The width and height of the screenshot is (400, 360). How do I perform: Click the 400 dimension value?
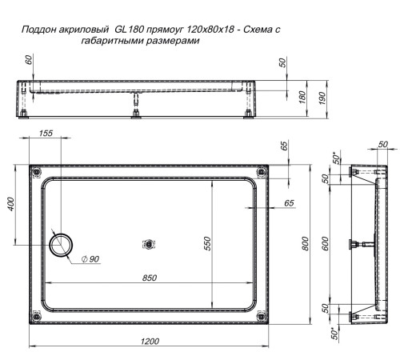(10, 205)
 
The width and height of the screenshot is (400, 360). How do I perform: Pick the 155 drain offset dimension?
(46, 134)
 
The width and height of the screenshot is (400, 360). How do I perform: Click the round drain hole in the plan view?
(61, 245)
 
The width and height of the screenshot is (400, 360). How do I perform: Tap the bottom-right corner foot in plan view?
(258, 318)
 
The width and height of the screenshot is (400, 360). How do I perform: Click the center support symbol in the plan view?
(146, 245)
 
